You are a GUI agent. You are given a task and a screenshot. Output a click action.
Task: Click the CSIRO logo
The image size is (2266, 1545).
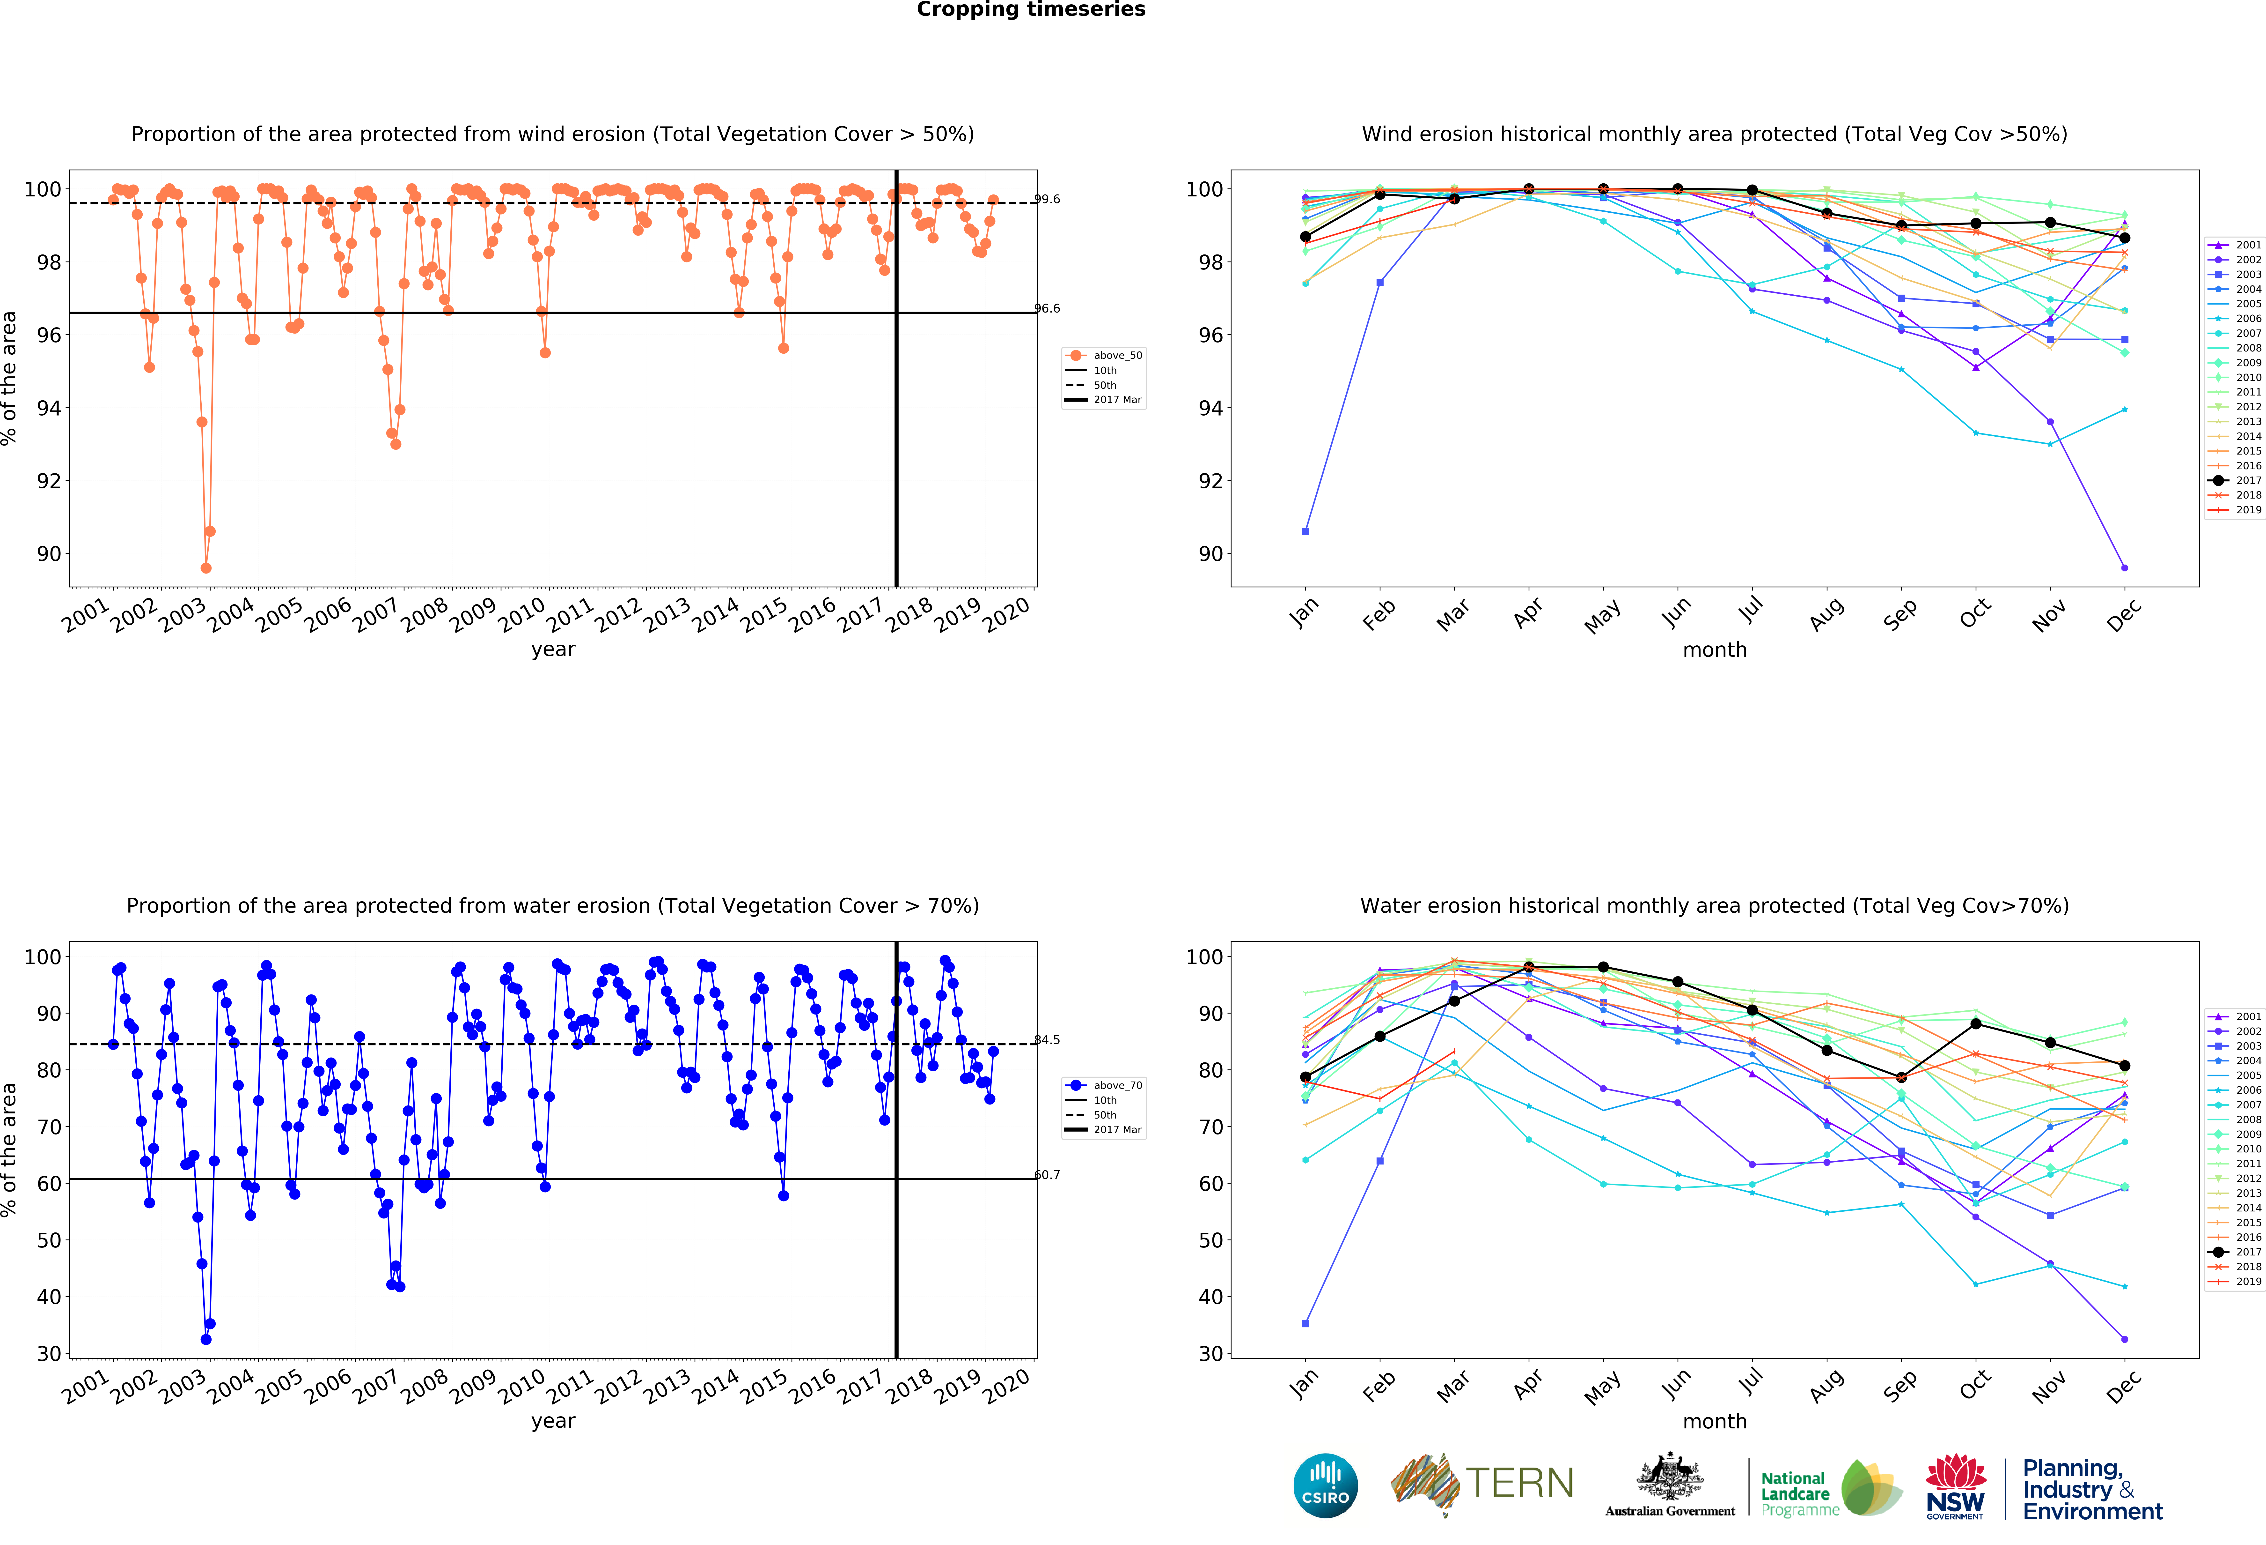click(1325, 1485)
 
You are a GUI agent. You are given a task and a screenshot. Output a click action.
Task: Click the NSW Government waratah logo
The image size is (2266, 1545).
click(1955, 1485)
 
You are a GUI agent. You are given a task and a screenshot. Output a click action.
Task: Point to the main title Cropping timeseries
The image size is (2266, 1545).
click(1031, 10)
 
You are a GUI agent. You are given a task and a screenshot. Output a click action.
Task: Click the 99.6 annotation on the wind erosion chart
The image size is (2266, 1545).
click(1047, 199)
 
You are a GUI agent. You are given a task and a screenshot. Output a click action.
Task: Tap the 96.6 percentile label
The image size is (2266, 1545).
click(1047, 308)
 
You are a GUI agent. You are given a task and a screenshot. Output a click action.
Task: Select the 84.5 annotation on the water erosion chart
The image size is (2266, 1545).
click(1047, 1040)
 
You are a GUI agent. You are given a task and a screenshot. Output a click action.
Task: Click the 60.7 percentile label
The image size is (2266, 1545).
click(1047, 1174)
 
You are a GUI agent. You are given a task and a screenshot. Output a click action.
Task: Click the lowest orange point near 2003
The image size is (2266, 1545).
click(206, 568)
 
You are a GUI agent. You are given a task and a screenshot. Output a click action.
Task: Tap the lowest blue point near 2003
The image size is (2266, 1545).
click(206, 1339)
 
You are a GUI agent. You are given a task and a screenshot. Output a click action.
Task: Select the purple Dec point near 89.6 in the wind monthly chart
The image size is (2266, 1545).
click(2125, 568)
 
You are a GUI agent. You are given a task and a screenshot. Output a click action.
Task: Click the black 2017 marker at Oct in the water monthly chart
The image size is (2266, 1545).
click(1975, 1023)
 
